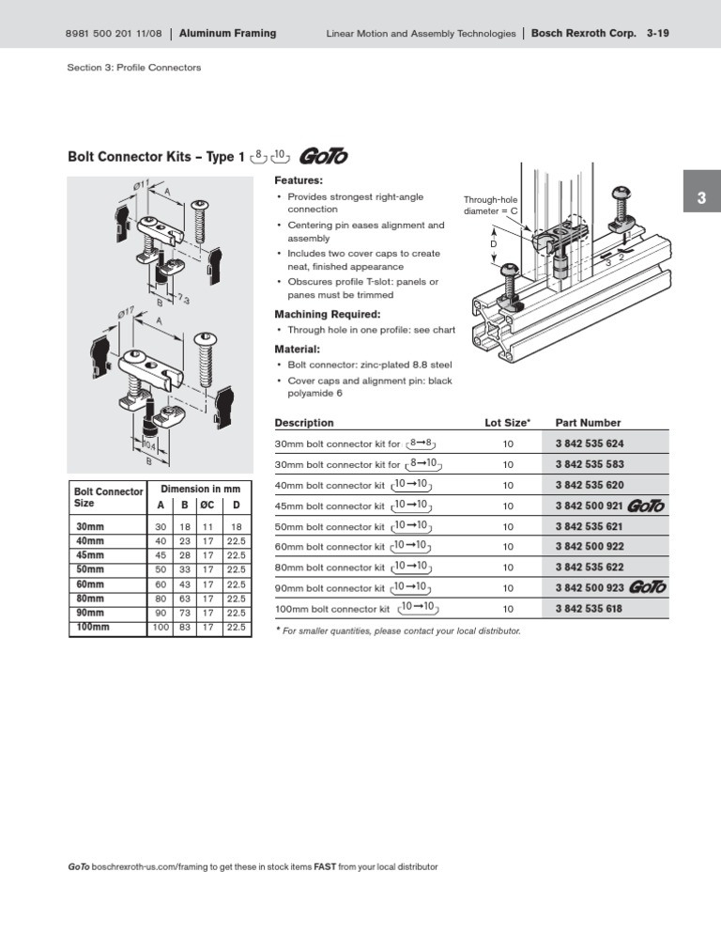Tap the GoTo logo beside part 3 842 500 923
point(648,587)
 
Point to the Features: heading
point(299,179)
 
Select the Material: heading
point(297,349)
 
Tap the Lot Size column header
point(508,423)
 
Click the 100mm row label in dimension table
point(93,627)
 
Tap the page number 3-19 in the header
point(665,34)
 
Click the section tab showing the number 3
point(701,198)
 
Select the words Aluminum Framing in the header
point(228,34)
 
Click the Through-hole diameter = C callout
point(491,205)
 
